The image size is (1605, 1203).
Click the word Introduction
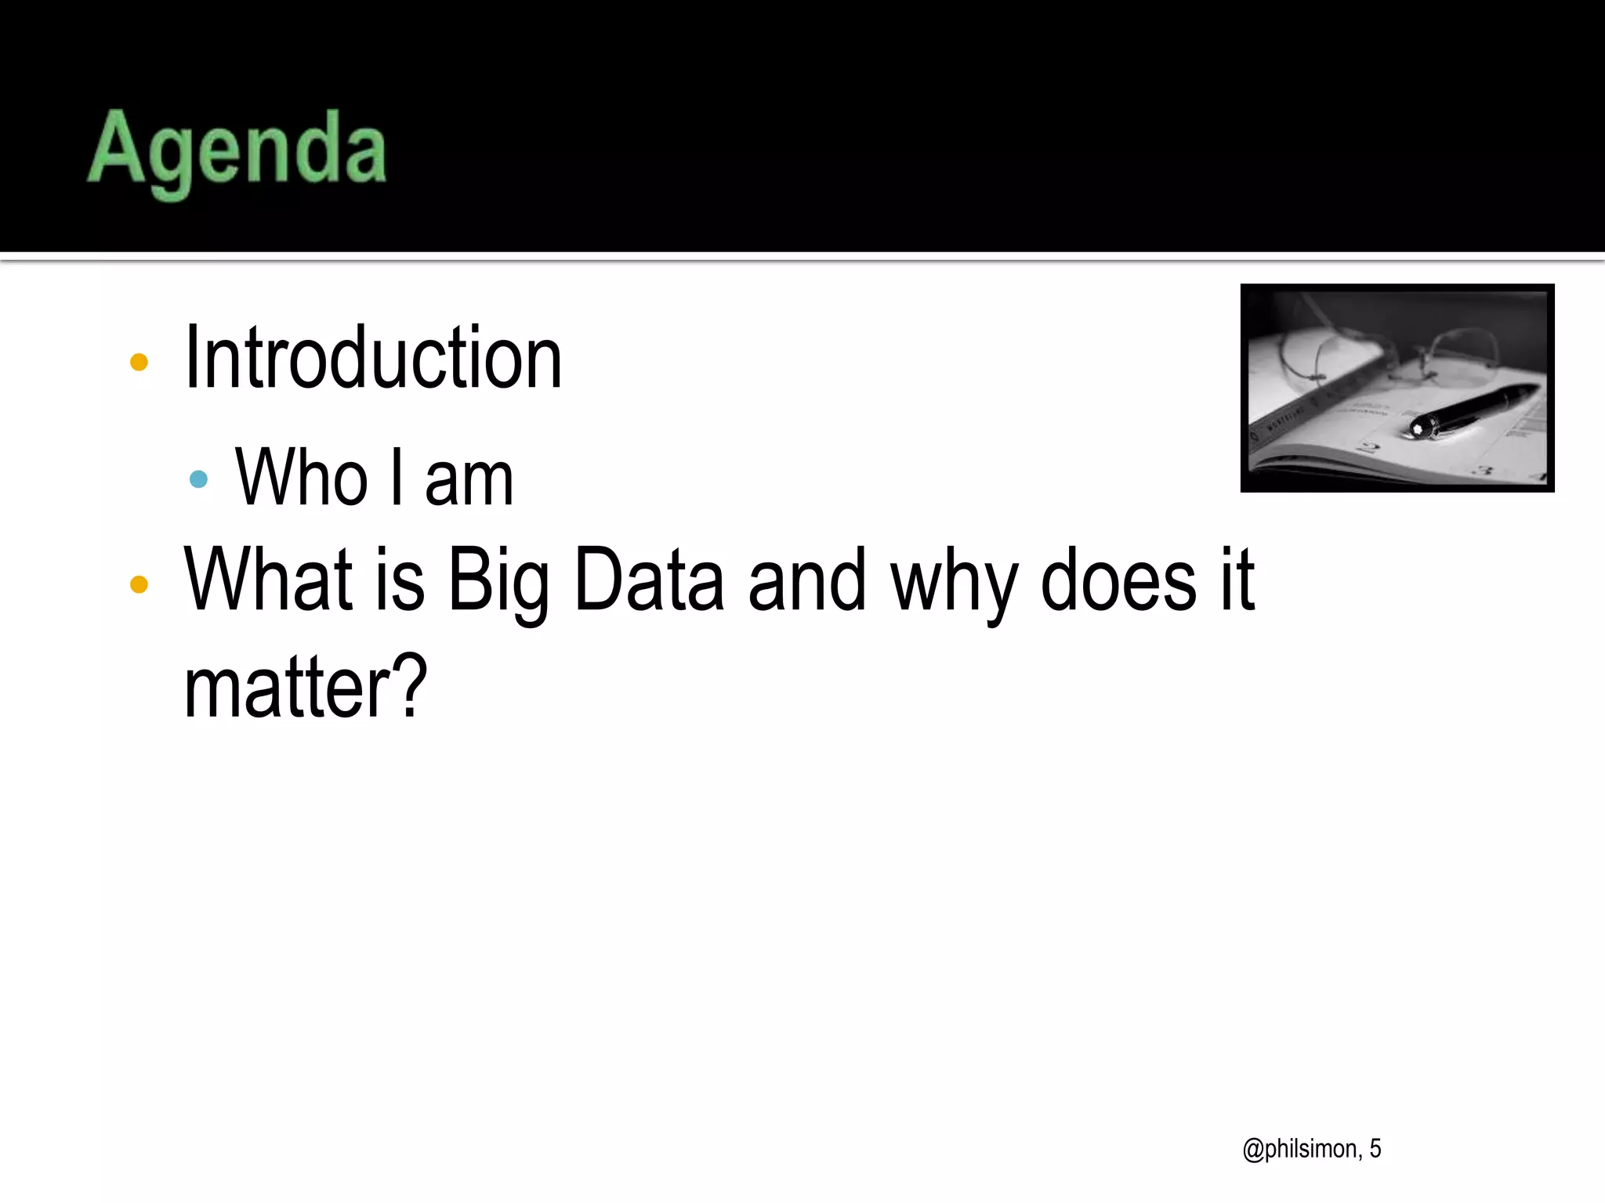(x=373, y=359)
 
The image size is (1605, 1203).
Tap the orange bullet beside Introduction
(x=139, y=362)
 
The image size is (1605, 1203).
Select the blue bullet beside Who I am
(x=199, y=479)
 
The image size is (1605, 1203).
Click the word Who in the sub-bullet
(x=302, y=478)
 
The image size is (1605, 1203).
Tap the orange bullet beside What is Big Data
(x=139, y=583)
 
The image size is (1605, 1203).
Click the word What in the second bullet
(x=268, y=580)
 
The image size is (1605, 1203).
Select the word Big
(x=498, y=583)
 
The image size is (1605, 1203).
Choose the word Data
(x=649, y=581)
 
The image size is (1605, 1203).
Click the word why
(x=955, y=583)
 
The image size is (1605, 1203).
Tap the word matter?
(x=306, y=688)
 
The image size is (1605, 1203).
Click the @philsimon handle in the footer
(x=1302, y=1149)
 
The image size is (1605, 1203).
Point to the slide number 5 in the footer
(x=1375, y=1148)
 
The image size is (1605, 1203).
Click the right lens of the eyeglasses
(x=1464, y=357)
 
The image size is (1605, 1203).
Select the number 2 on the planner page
(x=1369, y=449)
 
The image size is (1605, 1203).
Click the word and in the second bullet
(x=807, y=581)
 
